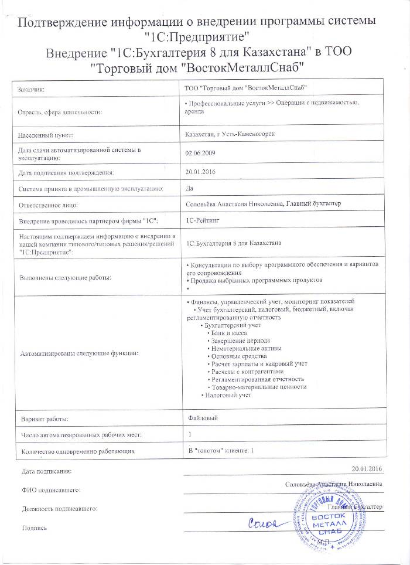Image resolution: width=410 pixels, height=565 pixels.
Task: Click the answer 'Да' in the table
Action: click(x=189, y=189)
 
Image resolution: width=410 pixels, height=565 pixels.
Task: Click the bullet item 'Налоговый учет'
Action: click(x=228, y=394)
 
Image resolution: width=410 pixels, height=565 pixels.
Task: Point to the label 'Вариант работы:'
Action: click(x=45, y=419)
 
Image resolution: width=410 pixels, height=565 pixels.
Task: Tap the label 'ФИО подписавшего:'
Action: click(x=50, y=489)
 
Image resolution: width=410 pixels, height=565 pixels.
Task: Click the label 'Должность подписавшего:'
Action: click(x=59, y=508)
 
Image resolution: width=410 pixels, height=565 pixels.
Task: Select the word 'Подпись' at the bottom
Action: click(x=34, y=528)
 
